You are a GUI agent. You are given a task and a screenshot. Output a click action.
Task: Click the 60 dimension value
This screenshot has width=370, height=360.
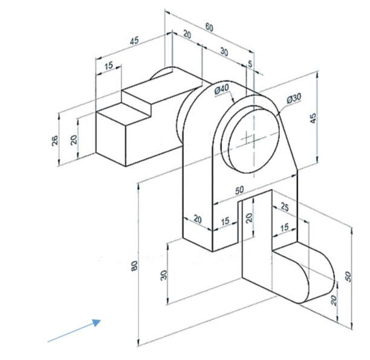[x=209, y=27]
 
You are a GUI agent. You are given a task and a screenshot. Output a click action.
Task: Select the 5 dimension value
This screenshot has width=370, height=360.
[x=250, y=63]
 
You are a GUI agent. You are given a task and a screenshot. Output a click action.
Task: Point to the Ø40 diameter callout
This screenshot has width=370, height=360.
[x=222, y=89]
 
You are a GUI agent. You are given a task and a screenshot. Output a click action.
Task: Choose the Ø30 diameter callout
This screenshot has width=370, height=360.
[x=294, y=98]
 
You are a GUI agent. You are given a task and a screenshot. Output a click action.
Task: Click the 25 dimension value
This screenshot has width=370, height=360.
[x=285, y=208]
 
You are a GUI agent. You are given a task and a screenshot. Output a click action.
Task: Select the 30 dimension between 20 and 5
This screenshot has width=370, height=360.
[x=224, y=52]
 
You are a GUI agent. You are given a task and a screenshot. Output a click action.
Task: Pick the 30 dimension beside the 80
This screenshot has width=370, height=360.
[x=163, y=274]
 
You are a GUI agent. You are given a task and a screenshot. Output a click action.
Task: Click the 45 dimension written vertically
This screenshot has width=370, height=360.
[x=313, y=118]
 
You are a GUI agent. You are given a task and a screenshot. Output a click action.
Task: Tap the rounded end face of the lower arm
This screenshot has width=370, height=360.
[x=320, y=278]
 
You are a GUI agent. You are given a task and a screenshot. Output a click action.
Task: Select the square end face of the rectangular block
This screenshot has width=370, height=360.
[x=111, y=138]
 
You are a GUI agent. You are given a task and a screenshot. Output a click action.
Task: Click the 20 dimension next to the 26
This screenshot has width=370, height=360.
[x=74, y=139]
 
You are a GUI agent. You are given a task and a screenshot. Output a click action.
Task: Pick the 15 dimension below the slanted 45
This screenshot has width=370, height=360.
[x=109, y=66]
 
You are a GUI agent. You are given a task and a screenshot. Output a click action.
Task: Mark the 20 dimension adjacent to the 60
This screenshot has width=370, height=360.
[x=187, y=35]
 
